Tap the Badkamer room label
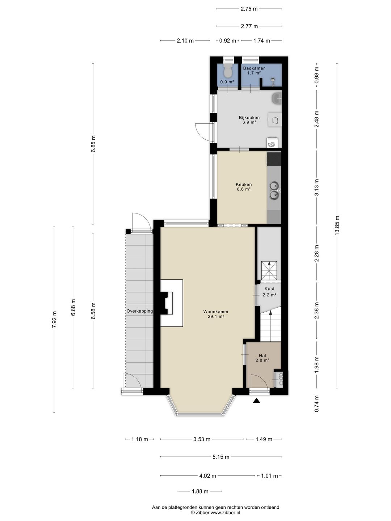coord(254,68)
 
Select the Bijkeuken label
coord(249,118)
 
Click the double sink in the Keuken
coord(274,190)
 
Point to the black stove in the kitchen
coord(274,159)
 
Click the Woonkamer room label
coord(216,312)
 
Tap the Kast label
coord(269,289)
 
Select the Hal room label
coord(262,356)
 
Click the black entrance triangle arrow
coord(256,401)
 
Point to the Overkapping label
coord(140,311)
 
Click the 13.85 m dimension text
coord(337,225)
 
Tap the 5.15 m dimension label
coord(221,457)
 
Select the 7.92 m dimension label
coord(54,319)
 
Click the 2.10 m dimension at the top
coord(185,41)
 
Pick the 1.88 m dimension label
coord(200,491)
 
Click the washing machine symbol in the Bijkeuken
coord(275,119)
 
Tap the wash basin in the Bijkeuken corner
coord(277,98)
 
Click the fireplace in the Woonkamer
coord(171,303)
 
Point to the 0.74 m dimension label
coord(316,403)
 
